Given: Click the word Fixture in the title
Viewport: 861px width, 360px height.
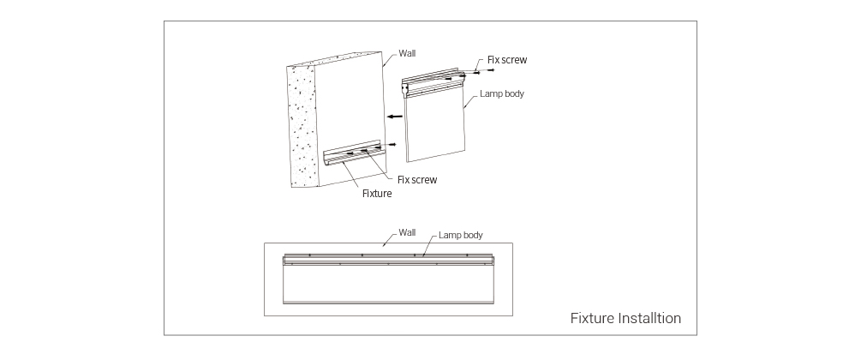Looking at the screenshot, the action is [x=592, y=318].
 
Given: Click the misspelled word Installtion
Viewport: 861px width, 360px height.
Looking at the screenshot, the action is [x=649, y=318].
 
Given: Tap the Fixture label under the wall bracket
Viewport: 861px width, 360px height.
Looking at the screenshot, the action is [x=377, y=194].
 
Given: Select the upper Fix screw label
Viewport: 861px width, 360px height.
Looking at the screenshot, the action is [x=507, y=60].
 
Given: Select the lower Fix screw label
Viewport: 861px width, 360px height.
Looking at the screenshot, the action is [x=417, y=180].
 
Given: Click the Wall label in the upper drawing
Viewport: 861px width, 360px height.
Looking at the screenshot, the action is [x=407, y=53].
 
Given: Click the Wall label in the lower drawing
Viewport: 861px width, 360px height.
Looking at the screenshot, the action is [x=407, y=232].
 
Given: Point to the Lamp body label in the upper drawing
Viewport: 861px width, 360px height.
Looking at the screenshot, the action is [x=502, y=93].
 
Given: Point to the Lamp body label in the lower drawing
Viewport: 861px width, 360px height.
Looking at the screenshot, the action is [x=461, y=235].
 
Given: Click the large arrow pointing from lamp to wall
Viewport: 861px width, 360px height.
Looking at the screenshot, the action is [x=395, y=117].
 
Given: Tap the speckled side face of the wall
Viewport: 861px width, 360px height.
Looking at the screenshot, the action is [x=302, y=125].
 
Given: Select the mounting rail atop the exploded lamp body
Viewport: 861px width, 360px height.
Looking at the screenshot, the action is [x=432, y=82].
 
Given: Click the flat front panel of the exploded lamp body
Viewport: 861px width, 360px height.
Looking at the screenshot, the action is [x=435, y=125].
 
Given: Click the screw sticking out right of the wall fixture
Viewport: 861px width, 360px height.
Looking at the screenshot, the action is [x=392, y=145].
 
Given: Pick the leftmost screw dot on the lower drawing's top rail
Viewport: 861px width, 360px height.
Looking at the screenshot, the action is [x=309, y=255].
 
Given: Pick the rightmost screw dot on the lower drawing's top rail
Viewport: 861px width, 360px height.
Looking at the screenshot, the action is [x=467, y=255].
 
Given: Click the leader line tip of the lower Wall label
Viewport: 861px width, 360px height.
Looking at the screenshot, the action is [x=383, y=245].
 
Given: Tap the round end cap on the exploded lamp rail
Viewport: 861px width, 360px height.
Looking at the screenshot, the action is [x=404, y=87].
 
